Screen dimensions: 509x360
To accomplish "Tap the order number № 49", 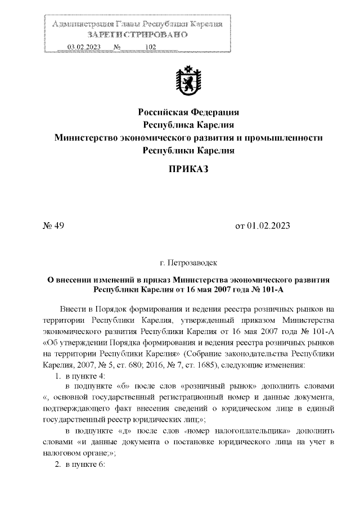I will click(x=54, y=227).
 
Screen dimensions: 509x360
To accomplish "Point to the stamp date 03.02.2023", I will click(x=83, y=47).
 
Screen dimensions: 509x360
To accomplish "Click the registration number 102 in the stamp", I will click(x=150, y=47).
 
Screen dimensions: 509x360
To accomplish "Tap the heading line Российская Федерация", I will click(x=189, y=111).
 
